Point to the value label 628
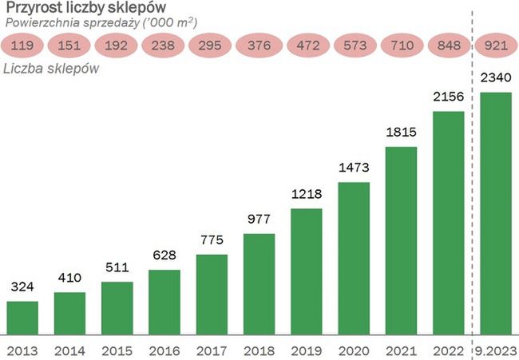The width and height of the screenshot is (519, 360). [x=164, y=256]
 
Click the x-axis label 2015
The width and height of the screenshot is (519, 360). [x=117, y=350]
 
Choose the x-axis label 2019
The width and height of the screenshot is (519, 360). [x=307, y=350]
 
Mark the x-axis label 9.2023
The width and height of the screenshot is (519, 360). [x=496, y=350]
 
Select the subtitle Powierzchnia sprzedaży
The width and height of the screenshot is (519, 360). [x=101, y=22]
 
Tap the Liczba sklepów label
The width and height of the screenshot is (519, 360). [x=51, y=68]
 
